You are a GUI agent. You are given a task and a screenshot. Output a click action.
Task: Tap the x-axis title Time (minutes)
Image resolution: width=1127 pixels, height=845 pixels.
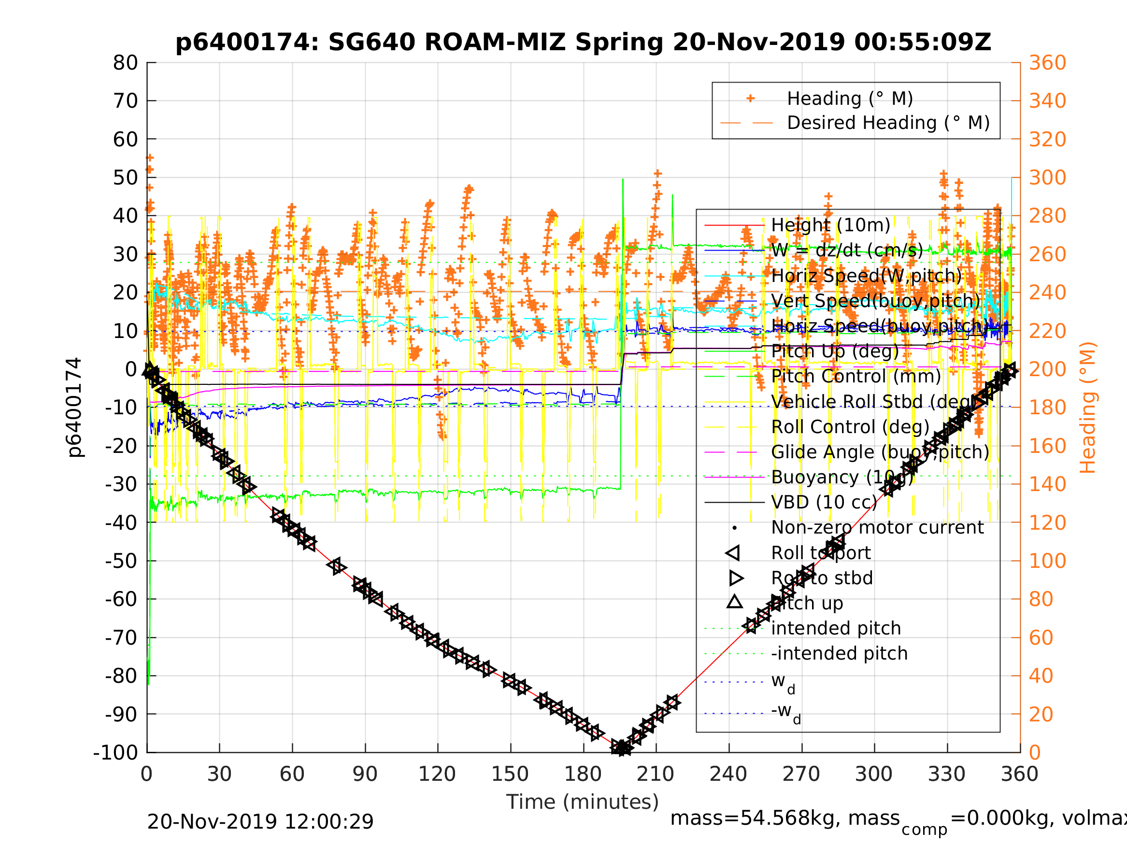583,802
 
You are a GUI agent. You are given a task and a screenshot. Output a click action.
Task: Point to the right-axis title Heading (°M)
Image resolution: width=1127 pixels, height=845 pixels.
1088,408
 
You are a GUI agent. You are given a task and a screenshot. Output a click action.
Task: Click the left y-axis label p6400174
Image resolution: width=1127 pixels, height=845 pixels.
74,408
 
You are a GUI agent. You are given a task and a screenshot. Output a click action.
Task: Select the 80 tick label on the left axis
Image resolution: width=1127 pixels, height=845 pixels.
125,63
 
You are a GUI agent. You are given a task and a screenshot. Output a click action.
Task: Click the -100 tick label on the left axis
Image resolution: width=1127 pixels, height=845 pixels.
115,752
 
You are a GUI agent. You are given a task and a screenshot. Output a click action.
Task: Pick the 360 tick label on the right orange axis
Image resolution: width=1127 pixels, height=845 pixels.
1047,63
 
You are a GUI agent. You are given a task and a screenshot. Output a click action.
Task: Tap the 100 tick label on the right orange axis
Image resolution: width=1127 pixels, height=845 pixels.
1047,561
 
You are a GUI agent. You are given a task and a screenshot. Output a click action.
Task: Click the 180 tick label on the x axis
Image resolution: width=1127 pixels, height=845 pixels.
583,775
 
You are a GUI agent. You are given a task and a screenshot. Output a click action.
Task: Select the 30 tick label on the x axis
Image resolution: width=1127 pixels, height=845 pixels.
219,775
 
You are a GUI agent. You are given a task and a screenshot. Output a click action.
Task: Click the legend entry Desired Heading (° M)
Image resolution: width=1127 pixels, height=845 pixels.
888,123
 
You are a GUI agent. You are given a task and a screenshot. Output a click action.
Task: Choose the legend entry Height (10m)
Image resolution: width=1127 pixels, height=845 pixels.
830,225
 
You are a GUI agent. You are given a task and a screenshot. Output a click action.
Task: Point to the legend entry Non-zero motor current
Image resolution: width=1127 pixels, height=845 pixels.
877,528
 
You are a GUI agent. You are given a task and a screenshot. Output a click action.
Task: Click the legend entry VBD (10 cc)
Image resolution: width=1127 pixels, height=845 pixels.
824,502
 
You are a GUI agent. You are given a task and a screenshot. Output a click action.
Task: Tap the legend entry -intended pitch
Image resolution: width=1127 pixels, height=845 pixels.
839,653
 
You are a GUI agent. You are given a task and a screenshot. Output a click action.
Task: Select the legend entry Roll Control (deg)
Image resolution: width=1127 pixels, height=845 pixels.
850,427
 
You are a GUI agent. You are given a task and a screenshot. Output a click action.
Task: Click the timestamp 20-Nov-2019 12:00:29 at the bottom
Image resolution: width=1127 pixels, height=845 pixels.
260,821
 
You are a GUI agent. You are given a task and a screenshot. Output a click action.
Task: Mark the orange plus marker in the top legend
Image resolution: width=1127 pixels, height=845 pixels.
750,99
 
